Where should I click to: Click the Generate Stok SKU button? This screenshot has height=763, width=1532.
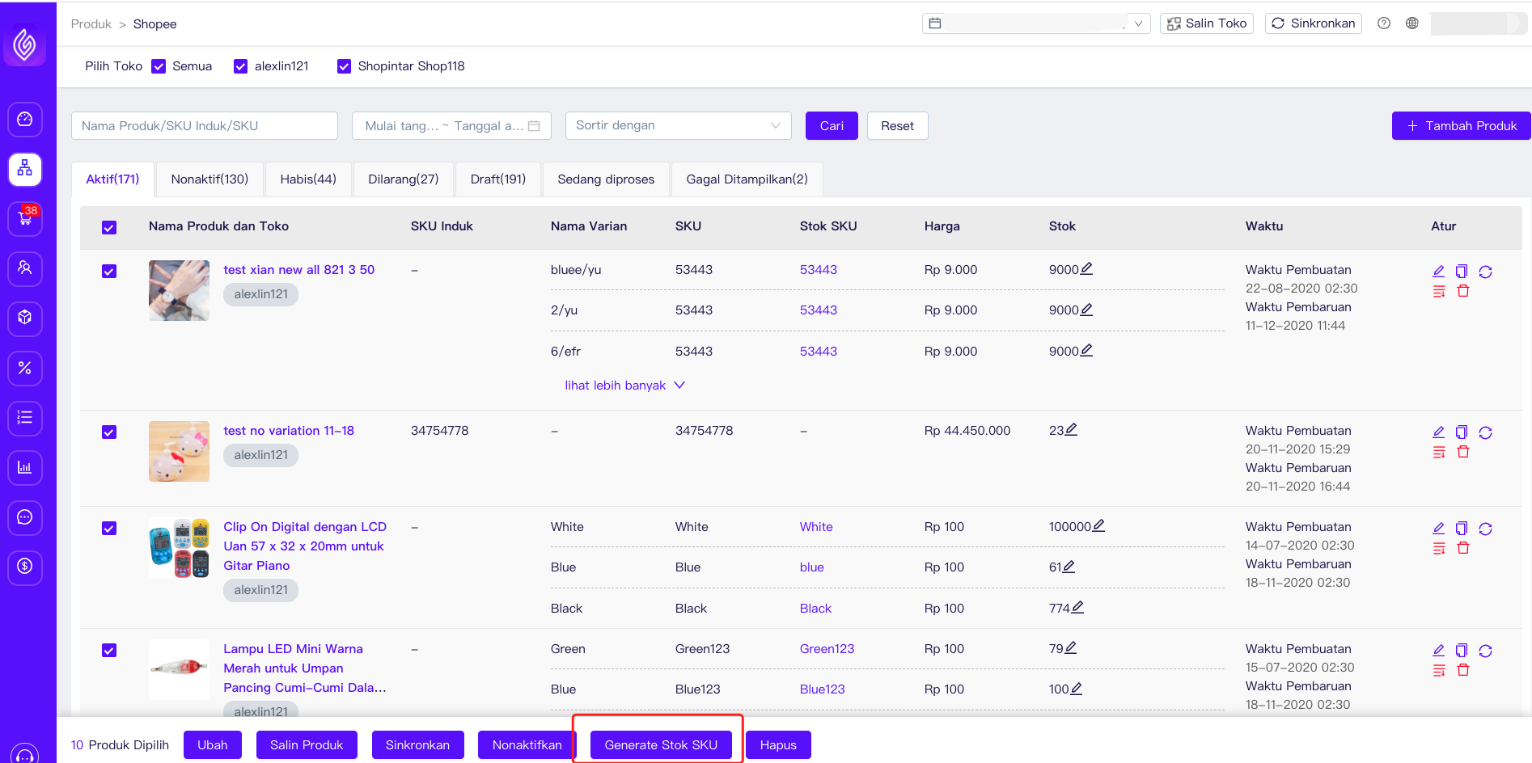(660, 744)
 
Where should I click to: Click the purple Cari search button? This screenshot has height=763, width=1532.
(831, 126)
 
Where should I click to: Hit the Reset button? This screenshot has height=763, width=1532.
(897, 126)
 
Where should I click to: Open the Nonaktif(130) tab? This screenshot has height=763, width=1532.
(209, 179)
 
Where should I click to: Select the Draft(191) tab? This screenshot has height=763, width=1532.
(497, 179)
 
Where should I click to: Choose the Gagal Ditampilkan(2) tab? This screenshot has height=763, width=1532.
(746, 179)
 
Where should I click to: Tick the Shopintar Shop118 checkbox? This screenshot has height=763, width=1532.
(345, 66)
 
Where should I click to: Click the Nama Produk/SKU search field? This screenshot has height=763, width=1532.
(204, 126)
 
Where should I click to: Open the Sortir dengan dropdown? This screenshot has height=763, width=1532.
(678, 126)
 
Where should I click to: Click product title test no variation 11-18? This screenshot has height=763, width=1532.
(289, 431)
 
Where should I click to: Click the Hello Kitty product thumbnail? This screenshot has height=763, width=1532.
(179, 451)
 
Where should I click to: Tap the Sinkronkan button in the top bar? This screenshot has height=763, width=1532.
(1313, 23)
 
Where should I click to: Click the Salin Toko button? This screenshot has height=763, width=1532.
(1206, 23)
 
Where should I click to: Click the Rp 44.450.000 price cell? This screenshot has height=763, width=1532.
(967, 431)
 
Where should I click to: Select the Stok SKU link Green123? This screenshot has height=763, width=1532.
(827, 649)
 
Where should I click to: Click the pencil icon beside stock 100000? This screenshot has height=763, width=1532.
(1098, 526)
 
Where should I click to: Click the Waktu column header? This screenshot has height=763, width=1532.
(1263, 226)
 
